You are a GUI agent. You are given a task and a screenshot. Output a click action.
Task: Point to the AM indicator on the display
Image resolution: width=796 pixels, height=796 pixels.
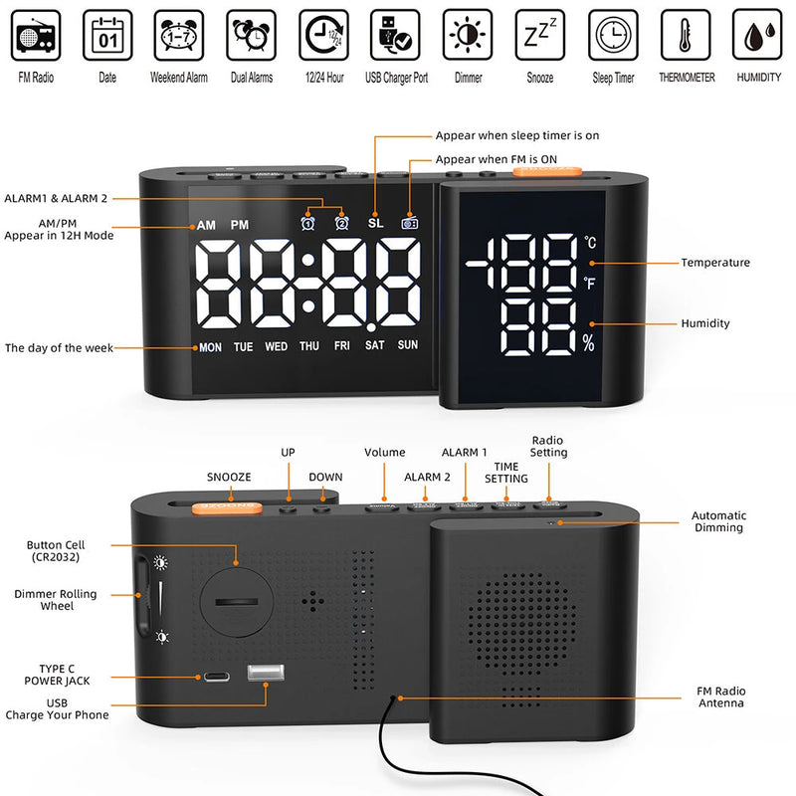206,226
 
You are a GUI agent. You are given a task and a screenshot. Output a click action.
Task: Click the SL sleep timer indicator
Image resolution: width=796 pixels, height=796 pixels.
375,224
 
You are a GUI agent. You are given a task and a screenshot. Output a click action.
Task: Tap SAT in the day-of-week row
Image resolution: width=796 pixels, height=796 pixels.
375,347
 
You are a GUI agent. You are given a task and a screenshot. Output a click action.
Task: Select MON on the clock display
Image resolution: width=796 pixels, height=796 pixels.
211,347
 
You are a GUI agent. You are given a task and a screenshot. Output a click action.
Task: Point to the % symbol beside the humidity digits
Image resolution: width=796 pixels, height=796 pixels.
588,344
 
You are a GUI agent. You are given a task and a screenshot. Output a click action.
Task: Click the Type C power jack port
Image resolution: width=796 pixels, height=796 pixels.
217,677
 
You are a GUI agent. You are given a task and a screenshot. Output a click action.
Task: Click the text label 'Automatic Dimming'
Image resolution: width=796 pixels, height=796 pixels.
719,521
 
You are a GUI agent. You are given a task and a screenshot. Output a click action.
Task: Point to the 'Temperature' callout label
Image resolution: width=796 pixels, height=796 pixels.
715,263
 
